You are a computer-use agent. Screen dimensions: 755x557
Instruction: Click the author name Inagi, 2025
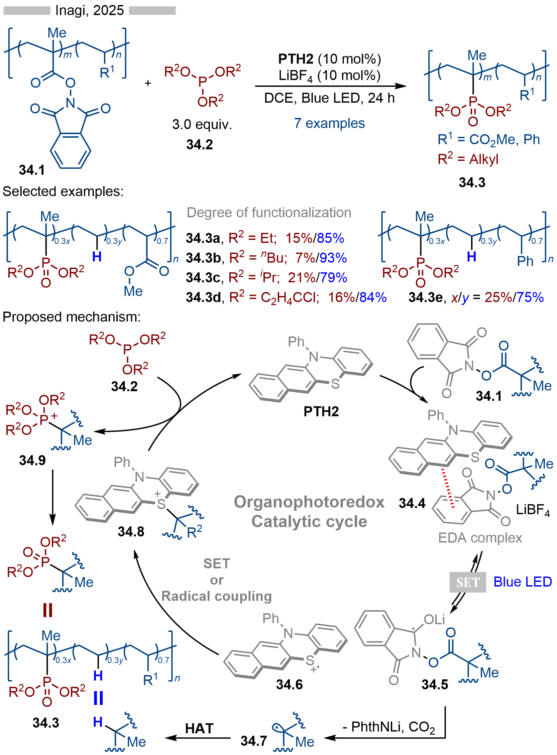click(89, 10)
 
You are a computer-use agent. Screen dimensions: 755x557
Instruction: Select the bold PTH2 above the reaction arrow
click(295, 59)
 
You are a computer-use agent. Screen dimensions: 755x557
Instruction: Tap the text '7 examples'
click(329, 123)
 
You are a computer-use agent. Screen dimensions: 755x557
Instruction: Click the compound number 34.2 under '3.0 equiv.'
click(200, 145)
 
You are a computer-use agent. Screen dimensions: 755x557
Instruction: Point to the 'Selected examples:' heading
click(63, 192)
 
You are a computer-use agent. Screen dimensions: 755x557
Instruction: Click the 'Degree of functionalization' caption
click(269, 213)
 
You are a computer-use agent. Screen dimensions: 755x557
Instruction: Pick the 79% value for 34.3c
click(333, 278)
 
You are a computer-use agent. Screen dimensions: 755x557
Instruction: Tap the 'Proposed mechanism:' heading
click(72, 317)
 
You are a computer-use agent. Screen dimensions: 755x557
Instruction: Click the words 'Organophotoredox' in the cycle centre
click(309, 502)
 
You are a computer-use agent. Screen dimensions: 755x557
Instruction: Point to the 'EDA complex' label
click(480, 538)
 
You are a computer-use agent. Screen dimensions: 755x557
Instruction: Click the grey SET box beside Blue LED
click(468, 582)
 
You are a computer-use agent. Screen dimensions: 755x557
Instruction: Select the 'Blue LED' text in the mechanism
click(522, 582)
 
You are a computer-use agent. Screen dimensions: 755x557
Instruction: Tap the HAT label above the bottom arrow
click(199, 729)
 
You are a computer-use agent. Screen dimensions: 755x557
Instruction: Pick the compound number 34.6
click(289, 684)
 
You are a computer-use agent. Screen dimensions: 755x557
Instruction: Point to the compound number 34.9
click(32, 461)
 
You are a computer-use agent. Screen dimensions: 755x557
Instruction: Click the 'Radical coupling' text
click(216, 596)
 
